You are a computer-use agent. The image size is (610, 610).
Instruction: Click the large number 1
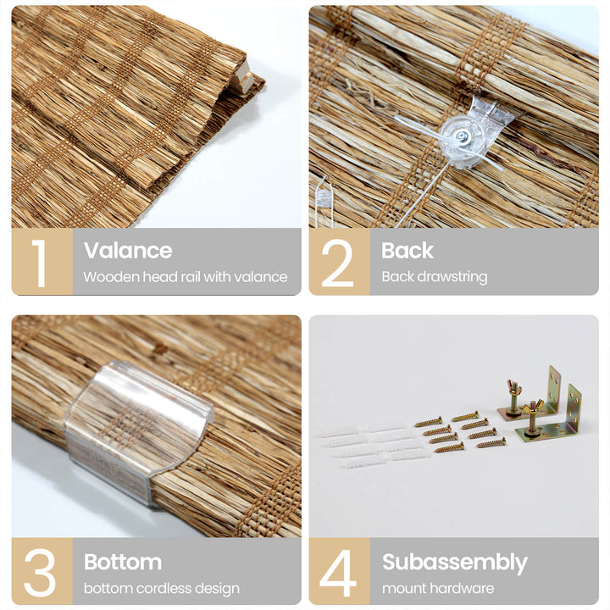[x=40, y=263]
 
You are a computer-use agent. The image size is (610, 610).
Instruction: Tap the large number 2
[x=338, y=263]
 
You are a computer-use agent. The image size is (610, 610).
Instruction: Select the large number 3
[x=40, y=573]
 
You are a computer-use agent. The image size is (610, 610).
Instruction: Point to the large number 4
[x=338, y=573]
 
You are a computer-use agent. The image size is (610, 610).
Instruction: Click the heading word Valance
[x=128, y=250]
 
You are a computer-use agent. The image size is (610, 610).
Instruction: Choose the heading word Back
[x=408, y=250]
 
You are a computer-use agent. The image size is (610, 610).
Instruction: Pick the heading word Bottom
[x=123, y=562]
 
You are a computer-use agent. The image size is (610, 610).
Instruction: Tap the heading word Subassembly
[x=455, y=563]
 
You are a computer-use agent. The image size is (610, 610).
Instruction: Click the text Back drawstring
[x=435, y=277]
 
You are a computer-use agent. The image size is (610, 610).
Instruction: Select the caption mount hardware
[x=438, y=588]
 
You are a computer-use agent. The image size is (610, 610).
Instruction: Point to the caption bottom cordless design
[x=162, y=589]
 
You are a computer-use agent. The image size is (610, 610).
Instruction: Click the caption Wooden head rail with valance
[x=186, y=277]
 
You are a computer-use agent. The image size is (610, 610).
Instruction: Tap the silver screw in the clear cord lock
[x=463, y=136]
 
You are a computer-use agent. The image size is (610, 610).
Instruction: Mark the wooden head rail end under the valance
[x=242, y=78]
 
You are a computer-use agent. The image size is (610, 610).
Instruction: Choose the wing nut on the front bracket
[x=532, y=408]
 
